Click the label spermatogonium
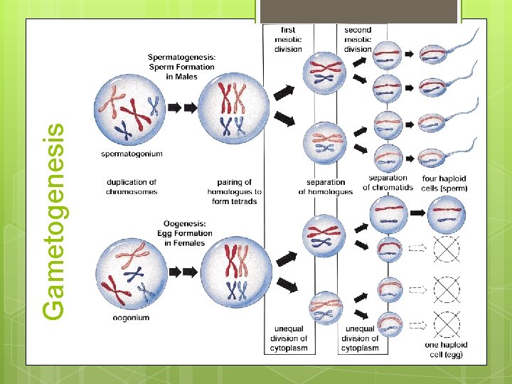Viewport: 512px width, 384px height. (132, 154)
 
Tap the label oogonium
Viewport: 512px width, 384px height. (132, 318)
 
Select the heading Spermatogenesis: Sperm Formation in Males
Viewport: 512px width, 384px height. (182, 66)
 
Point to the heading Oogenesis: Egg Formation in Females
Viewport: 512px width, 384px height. (188, 233)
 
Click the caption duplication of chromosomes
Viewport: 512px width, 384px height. (132, 187)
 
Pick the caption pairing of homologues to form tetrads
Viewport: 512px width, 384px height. (234, 192)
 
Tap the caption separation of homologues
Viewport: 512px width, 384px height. (325, 187)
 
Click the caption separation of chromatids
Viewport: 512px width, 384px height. (388, 183)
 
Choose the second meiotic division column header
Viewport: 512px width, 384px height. (358, 39)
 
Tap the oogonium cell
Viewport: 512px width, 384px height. (130, 274)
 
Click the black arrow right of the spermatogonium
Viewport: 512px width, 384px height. (174, 108)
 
